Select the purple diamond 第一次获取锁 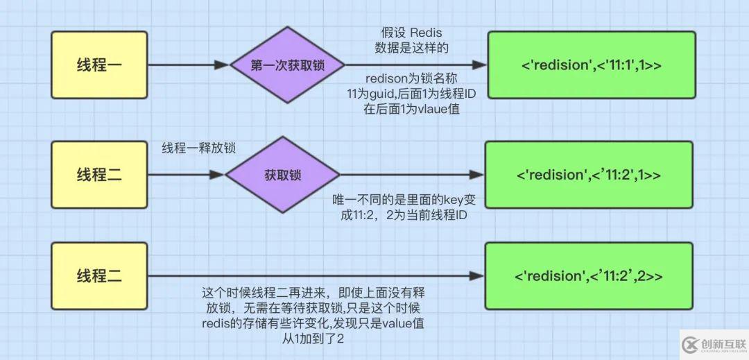pos(287,65)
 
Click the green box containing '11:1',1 pos(590,65)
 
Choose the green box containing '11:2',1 pos(588,174)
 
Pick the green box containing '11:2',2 pos(588,275)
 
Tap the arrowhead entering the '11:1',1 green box pos(479,65)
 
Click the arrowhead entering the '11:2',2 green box pos(476,275)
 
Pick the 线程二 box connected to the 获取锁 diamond pos(99,174)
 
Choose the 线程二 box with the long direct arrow pos(99,275)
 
